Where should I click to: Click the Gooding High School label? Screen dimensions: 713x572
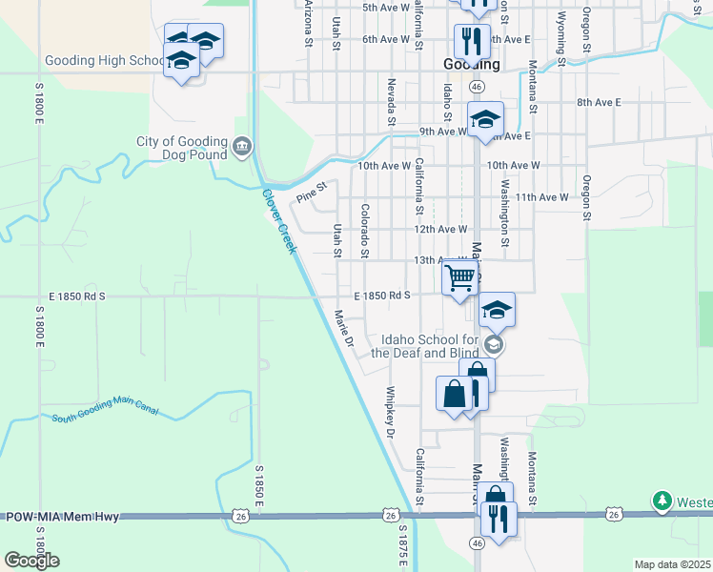[x=105, y=61]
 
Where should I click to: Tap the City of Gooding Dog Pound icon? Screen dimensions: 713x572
[x=242, y=147]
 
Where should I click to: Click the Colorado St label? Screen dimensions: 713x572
[x=365, y=230]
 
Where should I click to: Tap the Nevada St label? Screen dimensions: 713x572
[x=391, y=102]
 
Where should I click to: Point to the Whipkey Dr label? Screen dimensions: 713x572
[x=390, y=413]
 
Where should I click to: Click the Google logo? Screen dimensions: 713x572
[x=31, y=561]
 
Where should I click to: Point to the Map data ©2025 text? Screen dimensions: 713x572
[x=672, y=564]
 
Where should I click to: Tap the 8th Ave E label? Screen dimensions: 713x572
[x=599, y=102]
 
